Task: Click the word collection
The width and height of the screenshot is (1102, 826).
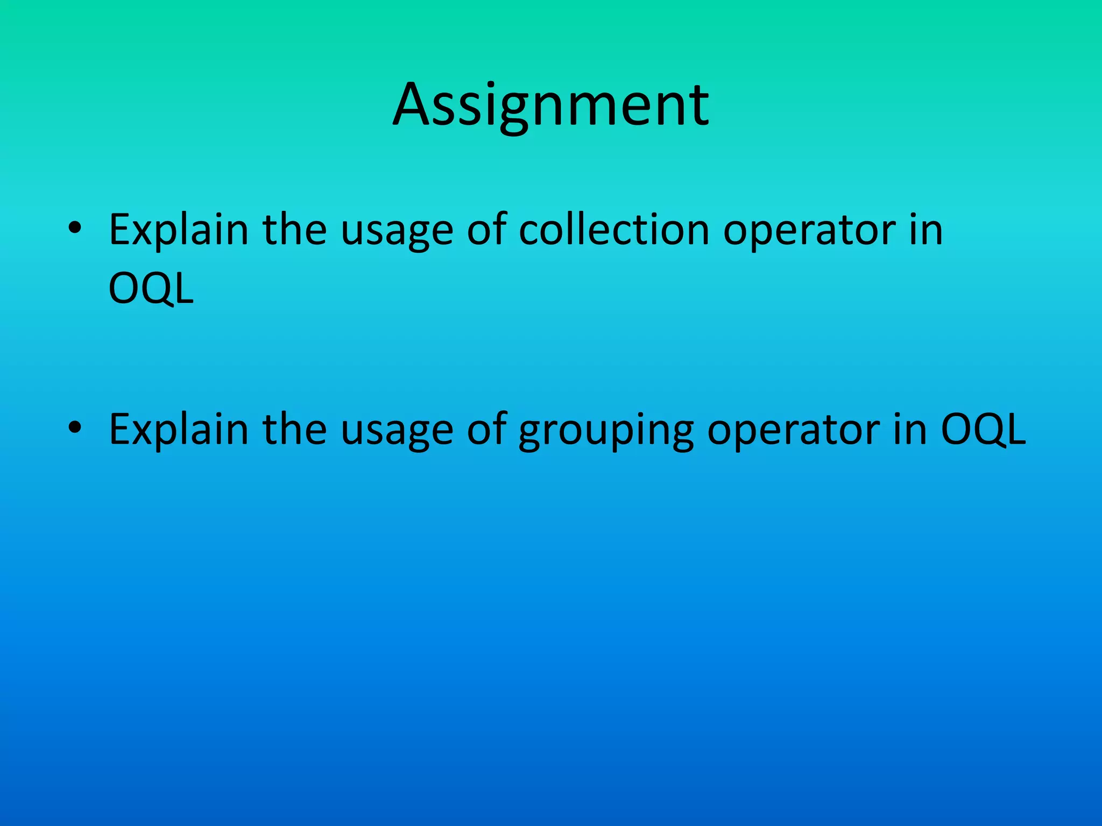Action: (614, 230)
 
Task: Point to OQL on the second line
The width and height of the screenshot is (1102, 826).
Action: (151, 289)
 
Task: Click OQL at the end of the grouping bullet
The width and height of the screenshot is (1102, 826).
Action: (983, 430)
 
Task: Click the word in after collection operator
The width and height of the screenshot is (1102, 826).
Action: (926, 230)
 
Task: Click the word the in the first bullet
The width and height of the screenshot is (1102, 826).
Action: (294, 230)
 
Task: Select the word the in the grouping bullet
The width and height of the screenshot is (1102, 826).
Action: (294, 429)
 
